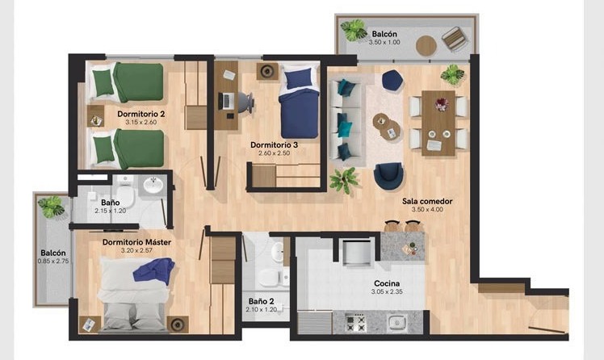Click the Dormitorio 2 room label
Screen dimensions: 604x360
141,114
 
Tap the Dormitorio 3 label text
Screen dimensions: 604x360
274,144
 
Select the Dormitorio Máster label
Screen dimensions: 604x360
136,242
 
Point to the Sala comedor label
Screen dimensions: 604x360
427,201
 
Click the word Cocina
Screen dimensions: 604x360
387,283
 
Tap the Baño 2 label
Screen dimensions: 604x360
261,301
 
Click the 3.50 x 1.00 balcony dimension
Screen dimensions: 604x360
384,42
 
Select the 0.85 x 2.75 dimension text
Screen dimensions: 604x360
53,261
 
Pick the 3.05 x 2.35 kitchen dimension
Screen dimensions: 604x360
387,292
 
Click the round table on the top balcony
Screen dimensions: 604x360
426,46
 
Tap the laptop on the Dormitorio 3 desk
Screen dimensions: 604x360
226,101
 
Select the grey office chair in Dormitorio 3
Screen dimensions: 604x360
245,102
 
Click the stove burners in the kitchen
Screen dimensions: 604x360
355,323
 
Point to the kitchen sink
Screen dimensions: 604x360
396,322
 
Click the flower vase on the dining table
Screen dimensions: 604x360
441,104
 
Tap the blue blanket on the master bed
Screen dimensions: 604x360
154,270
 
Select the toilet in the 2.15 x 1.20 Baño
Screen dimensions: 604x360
125,196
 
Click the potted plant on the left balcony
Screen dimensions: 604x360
51,207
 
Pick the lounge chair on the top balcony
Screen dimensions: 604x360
455,38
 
